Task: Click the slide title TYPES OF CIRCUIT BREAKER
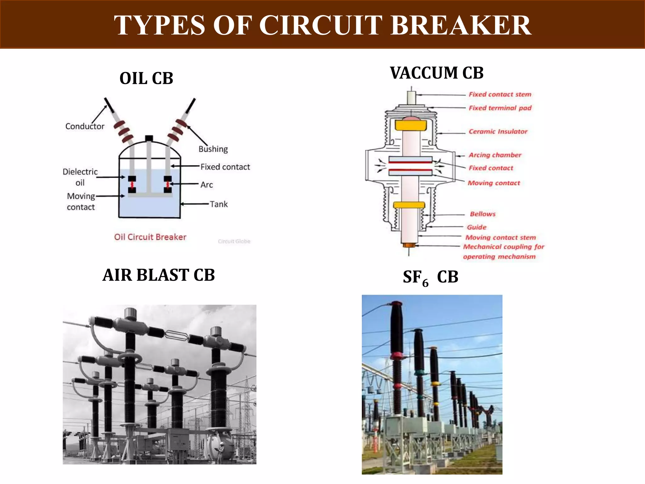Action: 322,25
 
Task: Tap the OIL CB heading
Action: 146,78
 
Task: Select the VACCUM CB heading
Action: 437,73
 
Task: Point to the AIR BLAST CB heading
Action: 159,275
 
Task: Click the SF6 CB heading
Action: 431,277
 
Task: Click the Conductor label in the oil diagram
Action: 85,126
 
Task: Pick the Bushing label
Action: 213,149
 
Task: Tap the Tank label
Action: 219,204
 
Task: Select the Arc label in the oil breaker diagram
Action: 207,185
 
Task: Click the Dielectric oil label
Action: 80,177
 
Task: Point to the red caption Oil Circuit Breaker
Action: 150,237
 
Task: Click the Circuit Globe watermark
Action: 234,241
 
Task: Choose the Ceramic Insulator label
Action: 498,131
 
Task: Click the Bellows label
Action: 482,214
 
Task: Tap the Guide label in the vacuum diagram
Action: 477,227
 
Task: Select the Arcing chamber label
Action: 495,155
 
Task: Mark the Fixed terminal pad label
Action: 500,108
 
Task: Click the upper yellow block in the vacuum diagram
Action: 410,125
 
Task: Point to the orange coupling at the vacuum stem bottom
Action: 409,245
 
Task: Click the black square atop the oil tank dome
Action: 149,138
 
